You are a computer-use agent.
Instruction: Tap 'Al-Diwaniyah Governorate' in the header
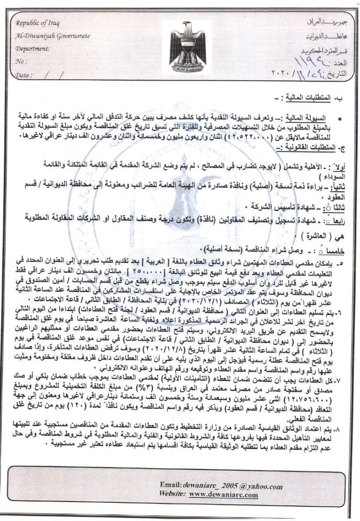[53, 36]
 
